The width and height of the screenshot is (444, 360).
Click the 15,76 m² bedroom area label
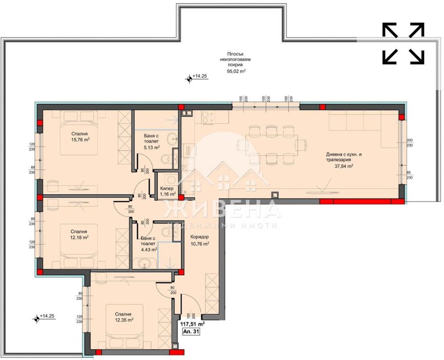(x=81, y=139)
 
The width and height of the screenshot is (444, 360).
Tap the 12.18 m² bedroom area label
(x=80, y=238)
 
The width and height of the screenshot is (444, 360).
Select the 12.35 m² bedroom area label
(x=123, y=320)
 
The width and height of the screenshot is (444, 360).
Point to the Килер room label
(x=166, y=189)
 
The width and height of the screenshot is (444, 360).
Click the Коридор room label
(x=199, y=237)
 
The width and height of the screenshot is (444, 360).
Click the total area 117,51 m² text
(x=193, y=324)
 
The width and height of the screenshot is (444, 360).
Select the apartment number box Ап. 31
(x=191, y=333)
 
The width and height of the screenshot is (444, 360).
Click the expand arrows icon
(x=403, y=44)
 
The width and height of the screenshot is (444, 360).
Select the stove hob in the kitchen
(x=208, y=118)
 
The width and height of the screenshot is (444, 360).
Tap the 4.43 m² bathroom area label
(x=149, y=250)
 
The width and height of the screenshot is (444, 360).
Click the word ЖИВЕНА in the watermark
(x=221, y=210)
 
